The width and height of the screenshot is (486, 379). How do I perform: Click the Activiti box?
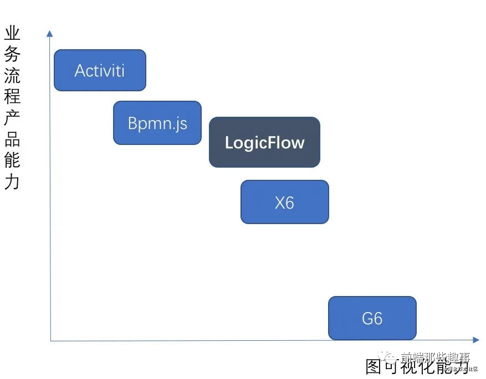100,70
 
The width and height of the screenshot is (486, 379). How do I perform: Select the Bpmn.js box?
157,123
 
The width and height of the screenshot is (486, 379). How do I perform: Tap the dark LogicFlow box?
264,142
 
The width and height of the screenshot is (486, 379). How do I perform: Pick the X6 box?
284,202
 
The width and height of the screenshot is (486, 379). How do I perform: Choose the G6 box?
372,318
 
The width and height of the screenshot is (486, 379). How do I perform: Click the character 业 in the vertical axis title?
12,34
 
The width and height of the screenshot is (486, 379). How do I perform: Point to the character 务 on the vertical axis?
12,55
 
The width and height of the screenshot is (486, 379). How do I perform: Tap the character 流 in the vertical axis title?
12,76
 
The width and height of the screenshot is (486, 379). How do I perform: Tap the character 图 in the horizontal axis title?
375,367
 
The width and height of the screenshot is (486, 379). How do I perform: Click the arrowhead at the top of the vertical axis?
50,33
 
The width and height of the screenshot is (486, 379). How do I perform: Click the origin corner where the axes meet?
50,340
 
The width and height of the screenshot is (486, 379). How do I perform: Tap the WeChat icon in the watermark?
392,357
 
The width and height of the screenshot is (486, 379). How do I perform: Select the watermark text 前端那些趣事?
435,357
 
